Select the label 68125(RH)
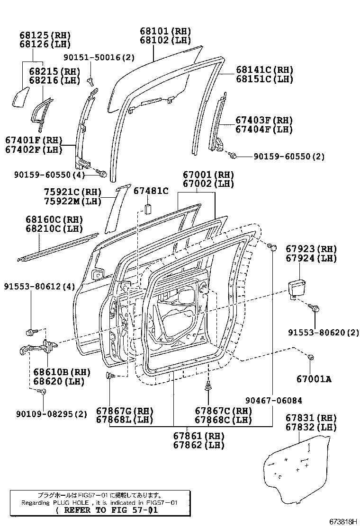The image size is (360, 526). click(45, 35)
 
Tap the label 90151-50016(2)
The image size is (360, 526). click(99, 58)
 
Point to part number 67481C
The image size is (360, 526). click(151, 191)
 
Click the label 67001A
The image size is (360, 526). click(314, 378)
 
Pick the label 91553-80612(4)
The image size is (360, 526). click(33, 287)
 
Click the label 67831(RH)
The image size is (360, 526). click(311, 418)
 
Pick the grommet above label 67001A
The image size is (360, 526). click(311, 357)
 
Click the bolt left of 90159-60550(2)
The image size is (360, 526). click(232, 155)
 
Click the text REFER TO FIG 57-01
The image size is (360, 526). click(106, 510)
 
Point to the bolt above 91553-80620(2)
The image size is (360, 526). click(315, 308)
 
